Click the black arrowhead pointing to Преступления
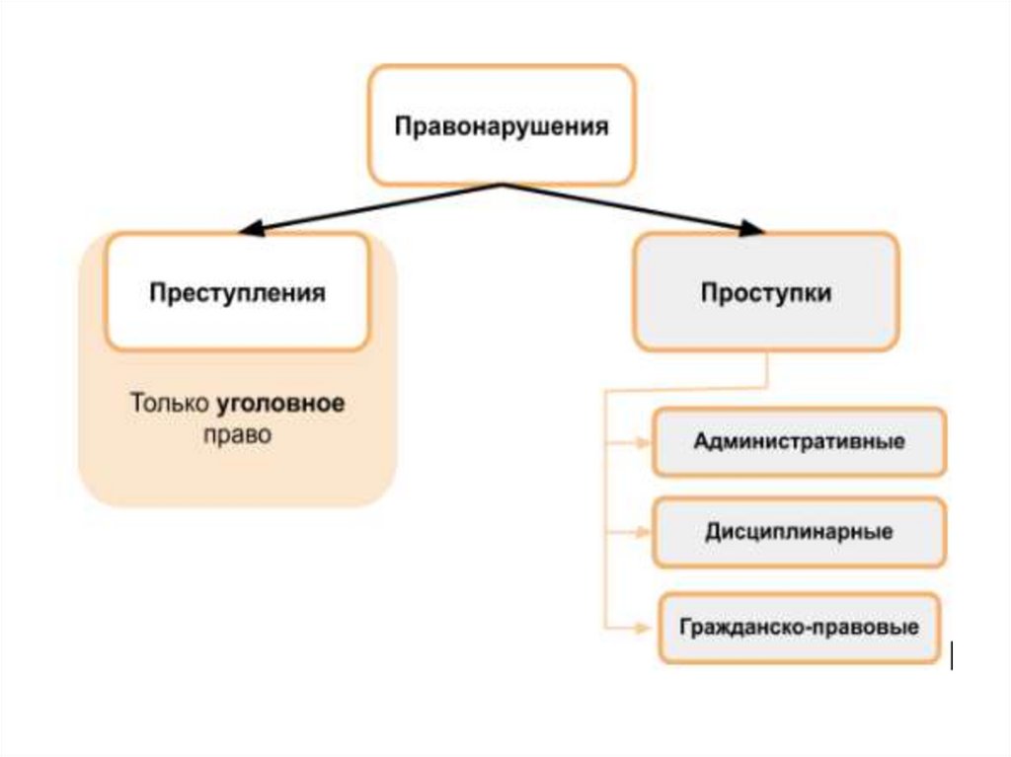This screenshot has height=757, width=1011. [x=253, y=231]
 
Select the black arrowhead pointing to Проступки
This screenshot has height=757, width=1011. [x=752, y=230]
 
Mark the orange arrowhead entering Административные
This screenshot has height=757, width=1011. [x=643, y=442]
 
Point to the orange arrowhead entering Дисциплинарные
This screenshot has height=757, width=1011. [x=643, y=533]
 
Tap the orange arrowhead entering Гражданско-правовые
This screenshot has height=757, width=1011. [x=643, y=626]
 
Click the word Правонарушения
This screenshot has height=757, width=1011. [x=502, y=127]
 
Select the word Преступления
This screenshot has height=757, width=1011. [x=237, y=293]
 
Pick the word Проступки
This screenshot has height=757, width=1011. [x=766, y=293]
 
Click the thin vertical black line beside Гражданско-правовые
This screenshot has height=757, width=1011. [x=951, y=655]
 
